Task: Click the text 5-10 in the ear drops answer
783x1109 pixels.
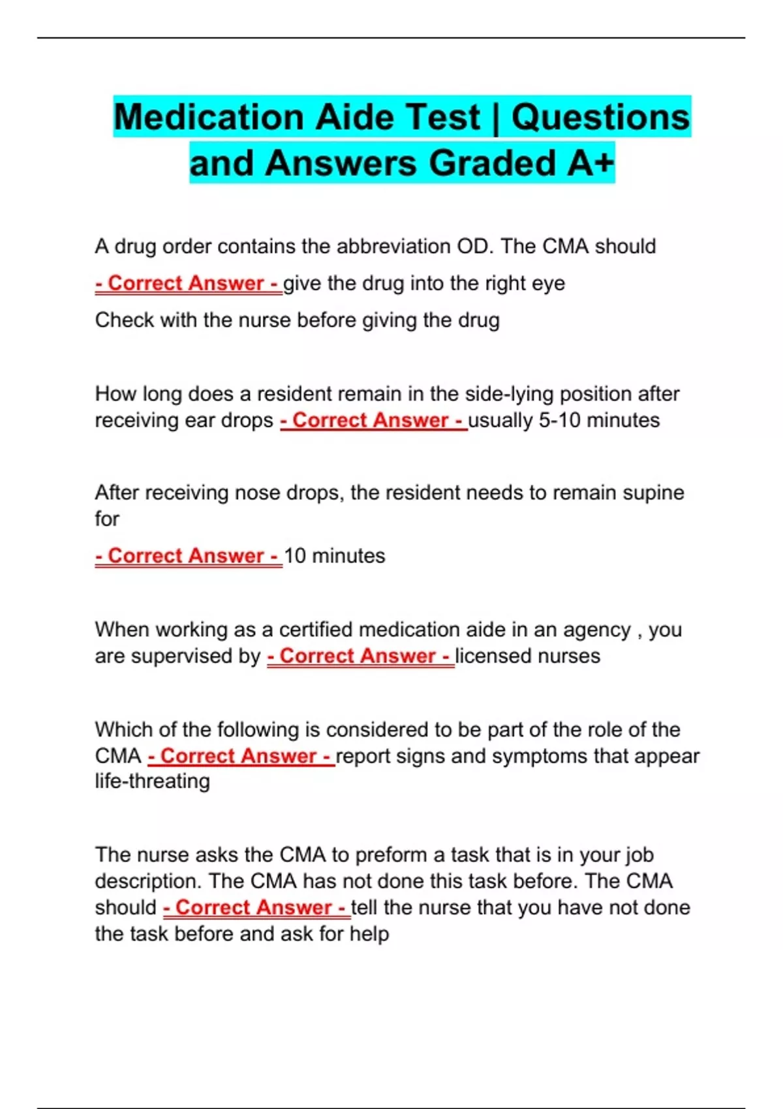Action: pos(559,421)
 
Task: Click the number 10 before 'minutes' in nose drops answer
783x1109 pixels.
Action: pos(295,556)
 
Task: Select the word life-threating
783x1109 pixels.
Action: pos(152,781)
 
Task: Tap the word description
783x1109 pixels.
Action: pos(148,881)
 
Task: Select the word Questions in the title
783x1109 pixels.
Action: pos(600,117)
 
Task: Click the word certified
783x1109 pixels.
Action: pos(316,630)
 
